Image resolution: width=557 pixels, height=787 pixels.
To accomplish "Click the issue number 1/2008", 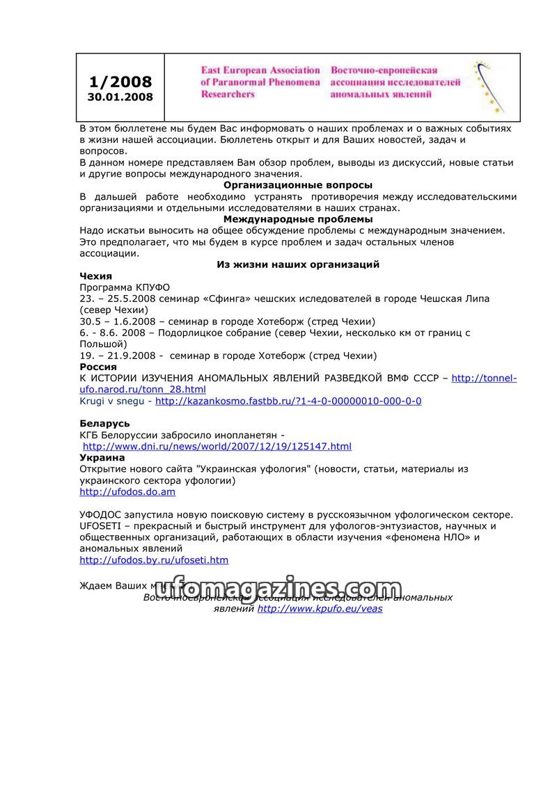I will [120, 81].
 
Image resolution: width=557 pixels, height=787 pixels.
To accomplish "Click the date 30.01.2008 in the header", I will [120, 97].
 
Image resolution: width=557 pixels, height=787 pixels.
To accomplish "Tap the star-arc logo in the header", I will [489, 86].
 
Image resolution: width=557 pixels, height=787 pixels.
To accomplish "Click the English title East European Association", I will [260, 70].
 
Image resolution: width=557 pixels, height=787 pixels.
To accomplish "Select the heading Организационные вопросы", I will [298, 185].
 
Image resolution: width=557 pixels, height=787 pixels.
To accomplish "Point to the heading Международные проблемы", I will [298, 219].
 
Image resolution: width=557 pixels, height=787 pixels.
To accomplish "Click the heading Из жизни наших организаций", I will [298, 264].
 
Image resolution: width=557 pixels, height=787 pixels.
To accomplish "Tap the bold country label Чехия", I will [96, 276].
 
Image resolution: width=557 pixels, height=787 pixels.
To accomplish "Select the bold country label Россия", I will [98, 367].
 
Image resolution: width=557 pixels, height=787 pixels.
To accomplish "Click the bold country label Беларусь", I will [104, 423].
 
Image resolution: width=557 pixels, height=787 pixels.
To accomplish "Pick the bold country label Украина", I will [102, 458].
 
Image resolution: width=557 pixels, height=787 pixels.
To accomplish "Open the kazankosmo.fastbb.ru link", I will [288, 402].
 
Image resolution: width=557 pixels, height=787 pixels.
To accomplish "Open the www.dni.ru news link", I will [217, 447].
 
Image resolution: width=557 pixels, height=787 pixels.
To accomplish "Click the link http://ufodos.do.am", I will [127, 492].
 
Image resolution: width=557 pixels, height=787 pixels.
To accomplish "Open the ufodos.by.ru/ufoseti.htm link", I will [154, 560].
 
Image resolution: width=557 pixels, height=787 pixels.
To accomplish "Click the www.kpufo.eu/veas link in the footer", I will [320, 609].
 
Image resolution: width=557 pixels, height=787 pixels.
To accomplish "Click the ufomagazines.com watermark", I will [278, 590].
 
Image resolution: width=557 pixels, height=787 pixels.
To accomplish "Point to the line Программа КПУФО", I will [125, 287].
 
